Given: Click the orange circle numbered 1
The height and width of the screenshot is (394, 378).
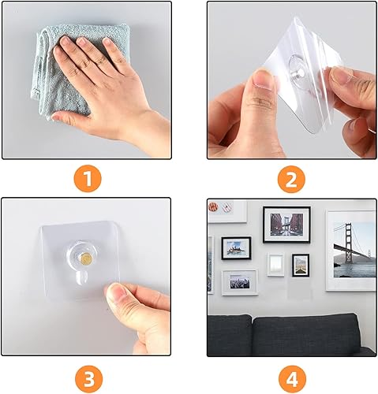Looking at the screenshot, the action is pyautogui.click(x=88, y=179).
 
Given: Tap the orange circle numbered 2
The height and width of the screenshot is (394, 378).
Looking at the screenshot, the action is pyautogui.click(x=291, y=179).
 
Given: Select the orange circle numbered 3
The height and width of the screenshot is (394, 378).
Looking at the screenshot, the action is pyautogui.click(x=88, y=379).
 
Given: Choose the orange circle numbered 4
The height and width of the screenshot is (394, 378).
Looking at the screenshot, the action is pyautogui.click(x=292, y=379).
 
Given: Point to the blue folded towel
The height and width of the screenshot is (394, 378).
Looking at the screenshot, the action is pyautogui.click(x=79, y=71).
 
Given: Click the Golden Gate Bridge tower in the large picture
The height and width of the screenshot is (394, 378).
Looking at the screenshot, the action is pyautogui.click(x=348, y=243).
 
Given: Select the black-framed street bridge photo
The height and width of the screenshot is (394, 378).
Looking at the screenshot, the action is pyautogui.click(x=286, y=225).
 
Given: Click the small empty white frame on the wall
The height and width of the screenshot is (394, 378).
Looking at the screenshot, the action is pyautogui.click(x=275, y=265).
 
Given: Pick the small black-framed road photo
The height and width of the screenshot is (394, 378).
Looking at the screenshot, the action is pyautogui.click(x=301, y=265).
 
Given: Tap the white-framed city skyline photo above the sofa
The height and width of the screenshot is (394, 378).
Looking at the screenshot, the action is pyautogui.click(x=240, y=282).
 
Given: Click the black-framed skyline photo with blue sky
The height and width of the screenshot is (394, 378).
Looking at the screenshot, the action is pyautogui.click(x=236, y=248).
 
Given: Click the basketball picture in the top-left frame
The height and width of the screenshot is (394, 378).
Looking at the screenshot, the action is pyautogui.click(x=213, y=206).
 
